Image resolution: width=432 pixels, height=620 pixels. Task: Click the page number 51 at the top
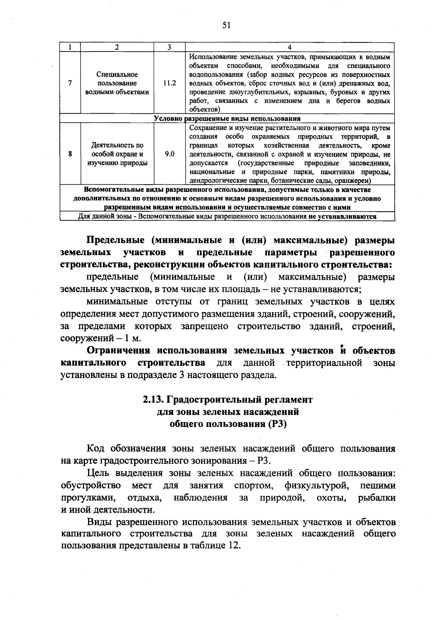(x=226, y=25)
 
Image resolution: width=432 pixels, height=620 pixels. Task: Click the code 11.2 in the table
(x=169, y=83)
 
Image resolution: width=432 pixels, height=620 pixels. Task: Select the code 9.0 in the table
(x=169, y=154)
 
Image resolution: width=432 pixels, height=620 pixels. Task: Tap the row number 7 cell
(x=70, y=83)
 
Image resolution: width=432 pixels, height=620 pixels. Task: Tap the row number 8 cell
(x=70, y=154)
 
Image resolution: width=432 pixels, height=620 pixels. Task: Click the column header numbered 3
(x=169, y=47)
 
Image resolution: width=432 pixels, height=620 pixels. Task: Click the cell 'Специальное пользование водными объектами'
(x=117, y=83)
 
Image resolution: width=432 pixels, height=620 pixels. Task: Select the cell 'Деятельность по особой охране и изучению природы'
(x=117, y=154)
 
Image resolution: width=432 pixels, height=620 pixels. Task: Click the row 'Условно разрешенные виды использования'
(x=227, y=118)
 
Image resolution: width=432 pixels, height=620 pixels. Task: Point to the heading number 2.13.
(x=154, y=400)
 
